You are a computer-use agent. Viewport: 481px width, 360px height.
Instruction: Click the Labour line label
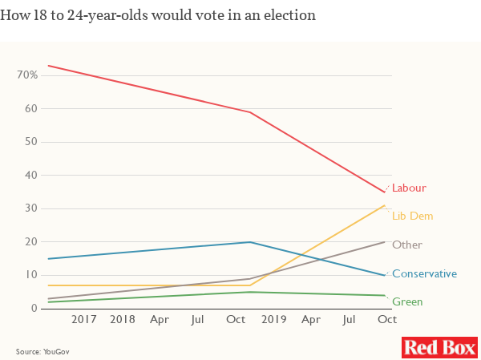pyautogui.click(x=409, y=188)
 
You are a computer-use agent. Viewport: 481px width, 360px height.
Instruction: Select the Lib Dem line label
pyautogui.click(x=411, y=216)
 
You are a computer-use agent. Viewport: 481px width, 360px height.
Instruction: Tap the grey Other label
pyautogui.click(x=407, y=245)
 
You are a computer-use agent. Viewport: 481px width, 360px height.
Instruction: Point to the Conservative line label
pyautogui.click(x=424, y=273)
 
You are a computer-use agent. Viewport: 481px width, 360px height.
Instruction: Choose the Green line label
pyautogui.click(x=407, y=302)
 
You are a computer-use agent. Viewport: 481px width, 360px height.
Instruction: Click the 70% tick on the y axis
pyautogui.click(x=27, y=75)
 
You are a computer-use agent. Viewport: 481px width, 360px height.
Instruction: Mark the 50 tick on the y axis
pyautogui.click(x=30, y=142)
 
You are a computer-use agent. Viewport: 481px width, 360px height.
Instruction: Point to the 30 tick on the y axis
pyautogui.click(x=30, y=208)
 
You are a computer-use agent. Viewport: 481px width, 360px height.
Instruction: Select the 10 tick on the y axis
pyautogui.click(x=30, y=275)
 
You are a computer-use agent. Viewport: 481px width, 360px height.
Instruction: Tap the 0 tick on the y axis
pyautogui.click(x=34, y=309)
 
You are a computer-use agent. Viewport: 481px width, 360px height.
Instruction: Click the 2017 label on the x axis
pyautogui.click(x=85, y=320)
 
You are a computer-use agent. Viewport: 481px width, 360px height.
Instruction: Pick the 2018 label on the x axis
pyautogui.click(x=123, y=320)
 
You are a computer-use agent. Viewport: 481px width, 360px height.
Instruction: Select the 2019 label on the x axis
pyautogui.click(x=274, y=320)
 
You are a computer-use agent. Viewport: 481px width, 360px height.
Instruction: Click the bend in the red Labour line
pyautogui.click(x=251, y=112)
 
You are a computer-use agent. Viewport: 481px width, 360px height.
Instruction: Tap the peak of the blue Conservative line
pyautogui.click(x=251, y=242)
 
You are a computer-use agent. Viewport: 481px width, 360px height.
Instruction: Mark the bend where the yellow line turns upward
pyautogui.click(x=251, y=285)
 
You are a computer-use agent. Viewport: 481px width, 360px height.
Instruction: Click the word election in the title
pyautogui.click(x=291, y=14)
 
